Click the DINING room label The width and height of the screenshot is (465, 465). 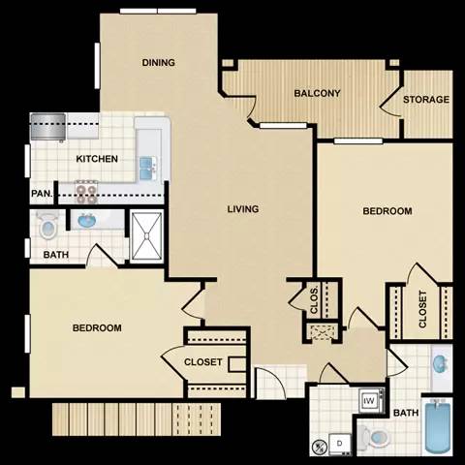point(158,63)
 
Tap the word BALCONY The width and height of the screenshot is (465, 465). point(317,94)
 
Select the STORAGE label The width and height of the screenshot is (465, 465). point(426,100)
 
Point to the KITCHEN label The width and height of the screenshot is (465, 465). point(97,159)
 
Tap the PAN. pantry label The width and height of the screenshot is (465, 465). point(42,193)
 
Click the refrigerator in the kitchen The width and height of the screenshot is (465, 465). point(47,127)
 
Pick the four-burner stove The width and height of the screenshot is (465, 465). point(88,192)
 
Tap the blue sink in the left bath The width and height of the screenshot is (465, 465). point(87,222)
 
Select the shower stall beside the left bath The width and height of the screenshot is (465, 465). point(147,235)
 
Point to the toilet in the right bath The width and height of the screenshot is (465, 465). point(373,438)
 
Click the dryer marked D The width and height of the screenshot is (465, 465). point(340,444)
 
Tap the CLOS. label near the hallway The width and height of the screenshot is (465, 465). point(316,300)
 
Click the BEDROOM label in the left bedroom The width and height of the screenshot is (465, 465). point(97,328)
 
